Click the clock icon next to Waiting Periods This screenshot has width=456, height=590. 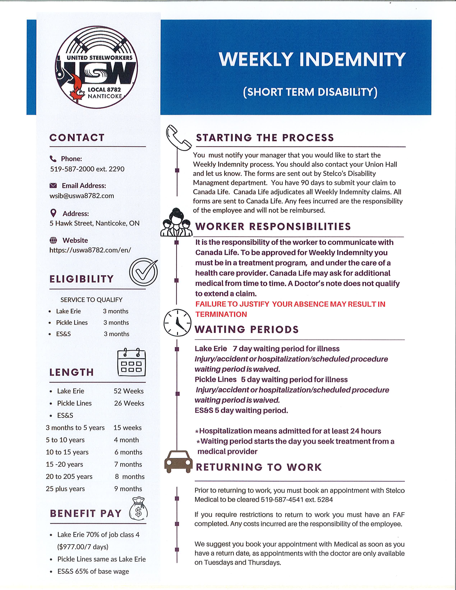pyautogui.click(x=177, y=323)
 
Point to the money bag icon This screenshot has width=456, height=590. pyautogui.click(x=138, y=509)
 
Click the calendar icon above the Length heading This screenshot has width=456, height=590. pyautogui.click(x=131, y=363)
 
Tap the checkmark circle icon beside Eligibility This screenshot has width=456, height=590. pyautogui.click(x=143, y=272)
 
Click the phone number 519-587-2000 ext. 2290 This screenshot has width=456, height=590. pyautogui.click(x=87, y=169)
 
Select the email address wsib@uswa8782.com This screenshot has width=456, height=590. pyautogui.click(x=82, y=196)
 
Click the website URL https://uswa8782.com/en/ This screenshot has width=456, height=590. pyautogui.click(x=90, y=250)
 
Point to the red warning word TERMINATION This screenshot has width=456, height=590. pyautogui.click(x=221, y=314)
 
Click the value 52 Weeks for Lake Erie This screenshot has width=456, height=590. pyautogui.click(x=128, y=391)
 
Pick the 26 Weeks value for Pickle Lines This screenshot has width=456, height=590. pyautogui.click(x=129, y=403)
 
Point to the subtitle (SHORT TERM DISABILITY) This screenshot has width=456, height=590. pyautogui.click(x=310, y=92)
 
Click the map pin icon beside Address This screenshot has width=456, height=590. pyautogui.click(x=54, y=213)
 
